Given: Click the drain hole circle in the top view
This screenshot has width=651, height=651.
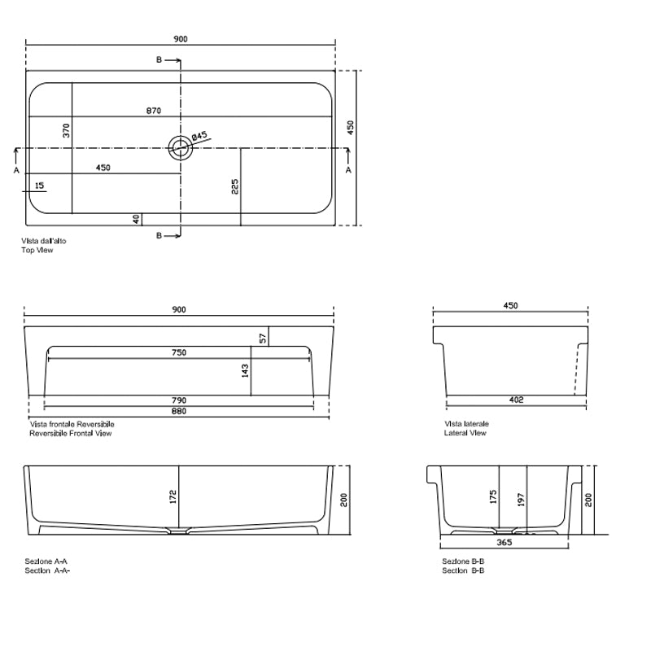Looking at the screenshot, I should (x=180, y=147).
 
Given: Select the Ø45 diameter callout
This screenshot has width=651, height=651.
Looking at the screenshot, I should (x=200, y=137).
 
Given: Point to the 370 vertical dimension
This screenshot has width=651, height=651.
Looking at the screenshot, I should (x=68, y=129).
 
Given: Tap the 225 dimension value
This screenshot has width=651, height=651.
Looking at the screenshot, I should (x=234, y=187).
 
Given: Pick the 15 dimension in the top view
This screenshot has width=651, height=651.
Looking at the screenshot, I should (x=40, y=186).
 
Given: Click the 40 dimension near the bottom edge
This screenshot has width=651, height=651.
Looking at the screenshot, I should (x=137, y=218).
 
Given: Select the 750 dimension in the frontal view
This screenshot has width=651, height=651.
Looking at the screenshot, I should (x=179, y=352).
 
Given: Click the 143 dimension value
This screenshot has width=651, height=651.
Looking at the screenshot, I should (x=246, y=370).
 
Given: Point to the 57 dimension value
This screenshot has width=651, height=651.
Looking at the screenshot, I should (x=263, y=338).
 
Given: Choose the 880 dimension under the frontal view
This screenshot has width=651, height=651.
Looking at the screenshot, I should (x=179, y=412).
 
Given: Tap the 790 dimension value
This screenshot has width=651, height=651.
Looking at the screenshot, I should (x=179, y=400).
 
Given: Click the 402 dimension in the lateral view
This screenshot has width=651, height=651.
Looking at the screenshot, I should (x=516, y=400).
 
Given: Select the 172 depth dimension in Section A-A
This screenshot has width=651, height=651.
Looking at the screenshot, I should (x=173, y=497).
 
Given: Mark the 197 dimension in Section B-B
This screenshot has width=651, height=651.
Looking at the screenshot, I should (x=522, y=498).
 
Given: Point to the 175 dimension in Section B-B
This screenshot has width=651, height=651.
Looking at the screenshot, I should (x=493, y=498).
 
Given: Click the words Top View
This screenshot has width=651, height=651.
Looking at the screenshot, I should (x=37, y=251).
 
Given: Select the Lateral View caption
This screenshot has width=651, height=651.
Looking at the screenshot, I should (x=465, y=434).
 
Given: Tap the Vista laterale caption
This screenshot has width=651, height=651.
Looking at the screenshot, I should (x=466, y=424).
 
